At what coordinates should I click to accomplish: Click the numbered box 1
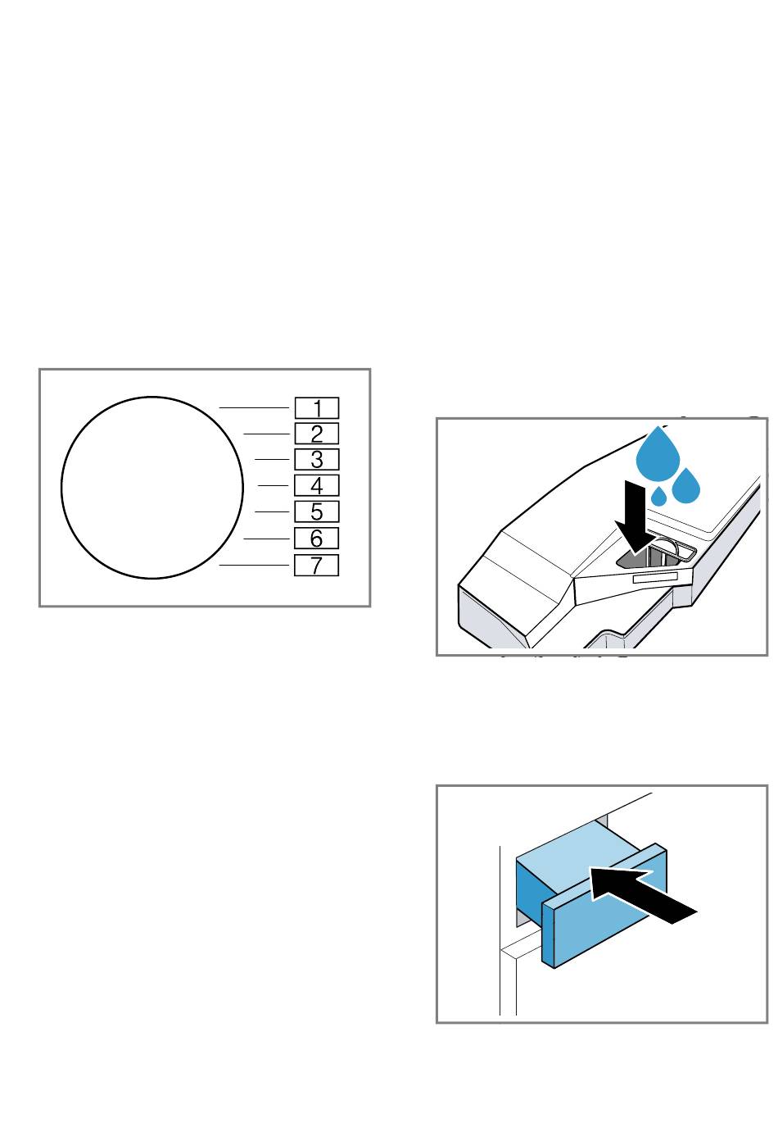(x=316, y=408)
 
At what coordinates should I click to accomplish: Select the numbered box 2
(x=316, y=434)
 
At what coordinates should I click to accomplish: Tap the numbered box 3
(x=316, y=460)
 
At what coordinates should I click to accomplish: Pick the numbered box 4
(x=316, y=485)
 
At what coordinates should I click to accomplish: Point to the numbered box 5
(x=316, y=511)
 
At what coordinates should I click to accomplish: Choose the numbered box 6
(x=316, y=539)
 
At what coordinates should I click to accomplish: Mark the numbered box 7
(x=316, y=565)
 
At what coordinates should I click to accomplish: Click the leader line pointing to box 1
(x=254, y=407)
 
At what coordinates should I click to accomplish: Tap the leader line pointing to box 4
(x=274, y=485)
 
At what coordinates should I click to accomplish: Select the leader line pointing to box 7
(x=254, y=565)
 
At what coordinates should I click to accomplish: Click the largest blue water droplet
(x=658, y=456)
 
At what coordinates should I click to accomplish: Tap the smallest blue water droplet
(x=658, y=498)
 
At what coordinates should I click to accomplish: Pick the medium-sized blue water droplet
(x=686, y=486)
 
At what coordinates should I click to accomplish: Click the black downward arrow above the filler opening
(x=635, y=519)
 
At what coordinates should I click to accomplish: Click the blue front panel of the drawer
(x=604, y=906)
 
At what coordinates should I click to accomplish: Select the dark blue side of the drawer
(x=529, y=889)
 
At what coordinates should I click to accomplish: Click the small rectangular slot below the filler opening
(x=655, y=579)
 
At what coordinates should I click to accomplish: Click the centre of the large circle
(x=152, y=488)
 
